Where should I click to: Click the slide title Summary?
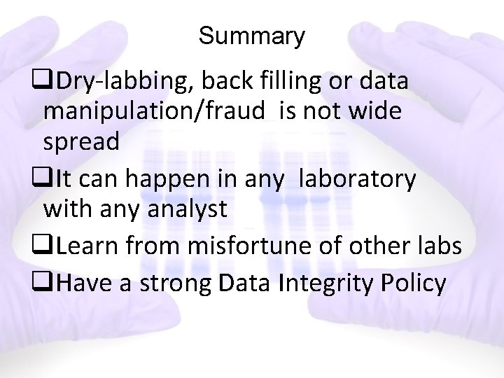tap(251, 36)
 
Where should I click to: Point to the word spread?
tap(81, 142)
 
